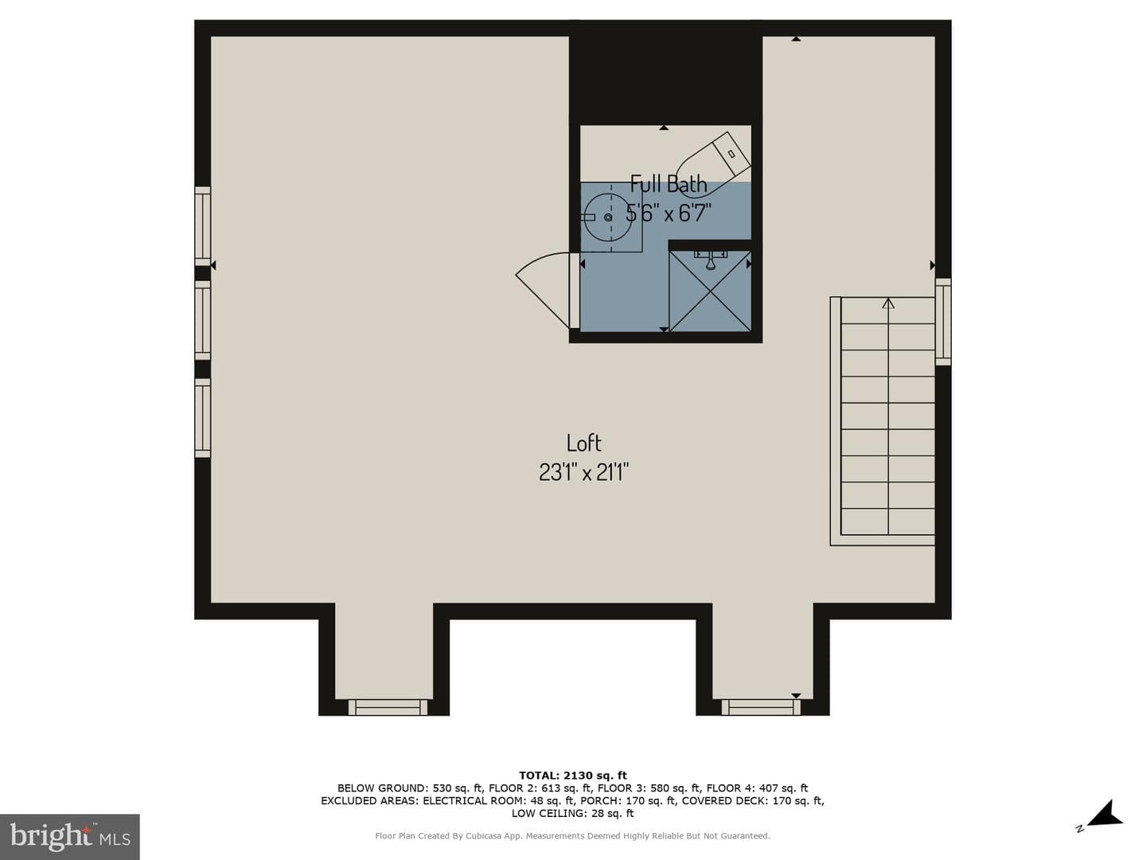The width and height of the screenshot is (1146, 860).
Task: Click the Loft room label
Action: pyautogui.click(x=583, y=443)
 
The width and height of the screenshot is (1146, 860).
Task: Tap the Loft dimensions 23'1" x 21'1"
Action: pyautogui.click(x=583, y=473)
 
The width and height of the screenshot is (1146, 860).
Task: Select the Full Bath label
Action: pyautogui.click(x=668, y=184)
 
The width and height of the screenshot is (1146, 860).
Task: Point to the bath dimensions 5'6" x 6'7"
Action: pyautogui.click(x=668, y=213)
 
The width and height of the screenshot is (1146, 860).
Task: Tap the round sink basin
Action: pyautogui.click(x=608, y=217)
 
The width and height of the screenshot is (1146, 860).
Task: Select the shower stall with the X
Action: pyautogui.click(x=710, y=291)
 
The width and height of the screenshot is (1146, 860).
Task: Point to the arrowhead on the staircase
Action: pyautogui.click(x=888, y=303)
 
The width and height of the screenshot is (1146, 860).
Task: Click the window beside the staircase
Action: pyautogui.click(x=943, y=322)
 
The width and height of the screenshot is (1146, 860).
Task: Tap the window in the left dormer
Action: pyautogui.click(x=388, y=708)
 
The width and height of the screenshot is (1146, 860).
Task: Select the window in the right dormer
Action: pyautogui.click(x=761, y=708)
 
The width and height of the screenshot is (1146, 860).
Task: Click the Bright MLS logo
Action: pyautogui.click(x=70, y=837)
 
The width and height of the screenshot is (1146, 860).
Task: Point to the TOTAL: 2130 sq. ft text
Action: pyautogui.click(x=573, y=776)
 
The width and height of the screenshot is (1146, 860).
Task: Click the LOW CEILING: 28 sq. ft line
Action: pyautogui.click(x=573, y=813)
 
